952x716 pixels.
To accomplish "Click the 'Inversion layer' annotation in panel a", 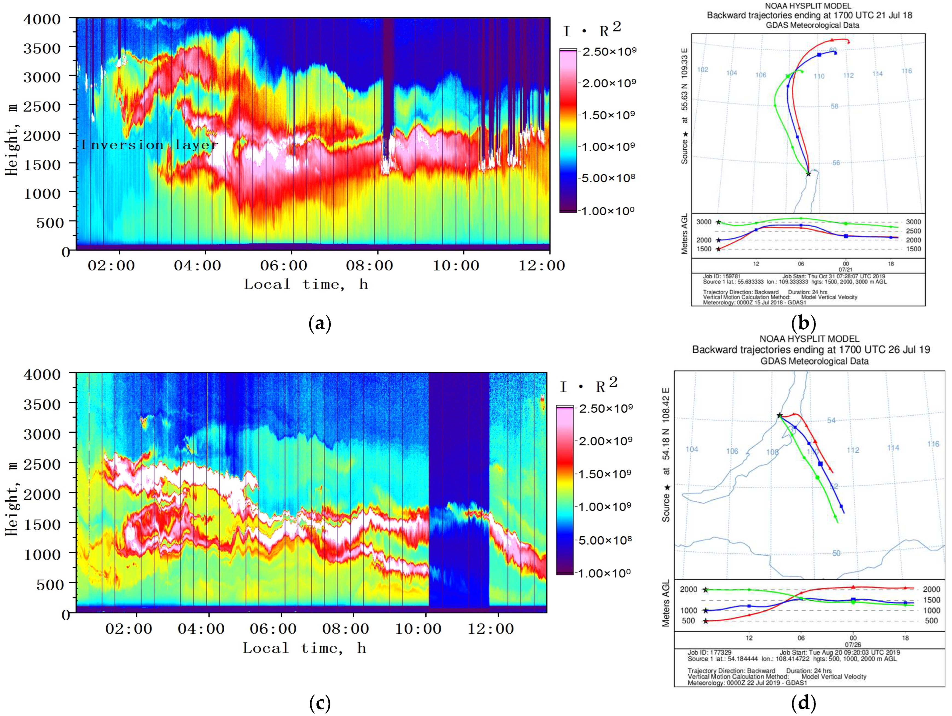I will click(149, 145).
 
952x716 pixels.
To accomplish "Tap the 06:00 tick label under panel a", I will click(284, 266).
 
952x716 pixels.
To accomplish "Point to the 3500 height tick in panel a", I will click(42, 48).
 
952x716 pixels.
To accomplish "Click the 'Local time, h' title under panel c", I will click(304, 648).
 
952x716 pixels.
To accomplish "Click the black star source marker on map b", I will click(808, 174).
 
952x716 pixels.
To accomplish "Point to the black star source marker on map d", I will click(779, 415).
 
